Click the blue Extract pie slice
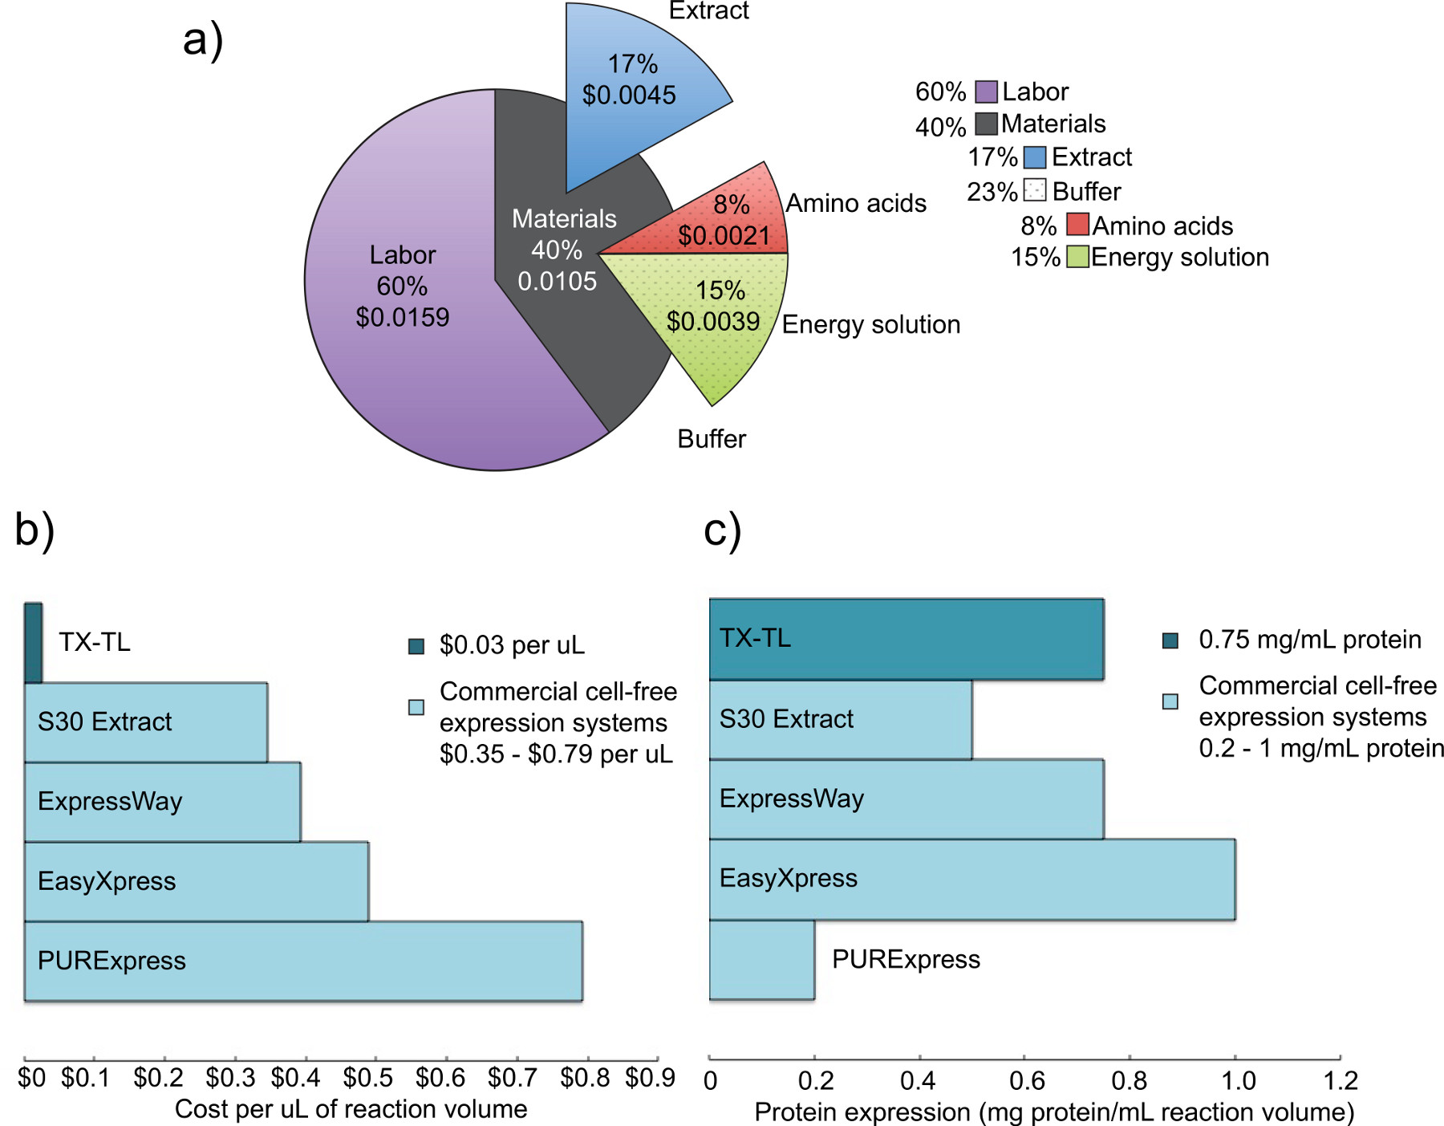coord(634,88)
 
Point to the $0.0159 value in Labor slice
coord(402,317)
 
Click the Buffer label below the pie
coord(711,439)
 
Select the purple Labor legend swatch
coord(986,91)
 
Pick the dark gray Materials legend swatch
coord(986,124)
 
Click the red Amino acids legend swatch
coord(1077,225)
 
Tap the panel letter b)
coord(34,530)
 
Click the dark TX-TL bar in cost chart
coord(33,643)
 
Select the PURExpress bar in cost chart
coord(303,961)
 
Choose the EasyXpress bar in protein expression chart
coord(971,879)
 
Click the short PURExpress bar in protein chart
coord(761,959)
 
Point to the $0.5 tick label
coord(367,1078)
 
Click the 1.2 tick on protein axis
coord(1340,1080)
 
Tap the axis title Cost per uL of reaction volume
coord(351,1109)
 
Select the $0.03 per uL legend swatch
coord(416,646)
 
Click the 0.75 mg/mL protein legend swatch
coord(1170,640)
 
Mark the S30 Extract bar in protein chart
coord(840,719)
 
